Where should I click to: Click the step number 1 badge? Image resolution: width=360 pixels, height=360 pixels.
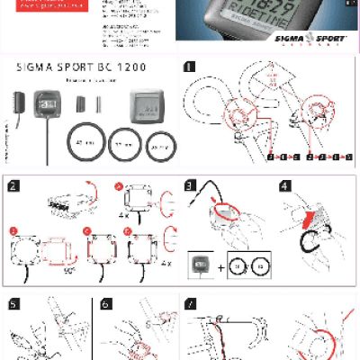click(189, 67)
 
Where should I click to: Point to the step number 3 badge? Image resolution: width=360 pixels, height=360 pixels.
click(190, 187)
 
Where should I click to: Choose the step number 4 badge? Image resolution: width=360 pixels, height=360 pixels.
click(285, 187)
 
